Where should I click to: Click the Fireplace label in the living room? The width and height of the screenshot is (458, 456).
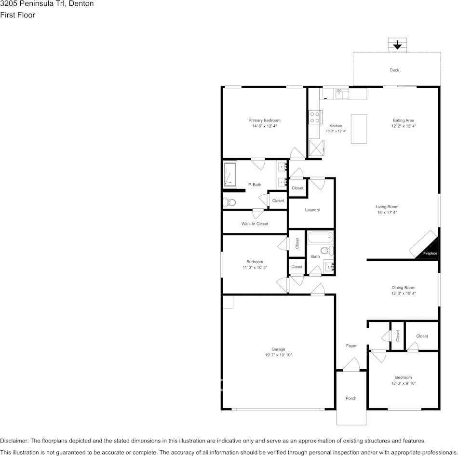pos(430,253)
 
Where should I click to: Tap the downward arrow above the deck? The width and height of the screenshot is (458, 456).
pos(397,45)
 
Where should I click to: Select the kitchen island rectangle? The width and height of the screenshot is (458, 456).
pos(359,129)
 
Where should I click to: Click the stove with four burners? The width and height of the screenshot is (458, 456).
pos(315,117)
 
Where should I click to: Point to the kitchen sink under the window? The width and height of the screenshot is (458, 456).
pos(342,93)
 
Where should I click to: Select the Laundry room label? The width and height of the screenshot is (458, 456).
pos(312,210)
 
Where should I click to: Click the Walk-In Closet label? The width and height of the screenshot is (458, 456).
pos(255,224)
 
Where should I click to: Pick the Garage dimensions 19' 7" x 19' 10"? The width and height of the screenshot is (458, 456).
pos(278,355)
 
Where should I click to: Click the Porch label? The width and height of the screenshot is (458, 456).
pos(351,398)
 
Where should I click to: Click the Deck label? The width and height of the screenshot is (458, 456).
pos(394,70)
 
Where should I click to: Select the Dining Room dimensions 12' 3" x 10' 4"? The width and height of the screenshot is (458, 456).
pos(403,293)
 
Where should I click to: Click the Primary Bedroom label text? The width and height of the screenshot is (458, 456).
pos(264,120)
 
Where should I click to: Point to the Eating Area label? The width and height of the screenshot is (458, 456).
pos(404,120)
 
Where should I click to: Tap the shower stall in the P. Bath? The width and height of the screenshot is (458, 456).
pos(230,174)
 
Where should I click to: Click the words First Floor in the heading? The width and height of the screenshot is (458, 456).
pos(17,15)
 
